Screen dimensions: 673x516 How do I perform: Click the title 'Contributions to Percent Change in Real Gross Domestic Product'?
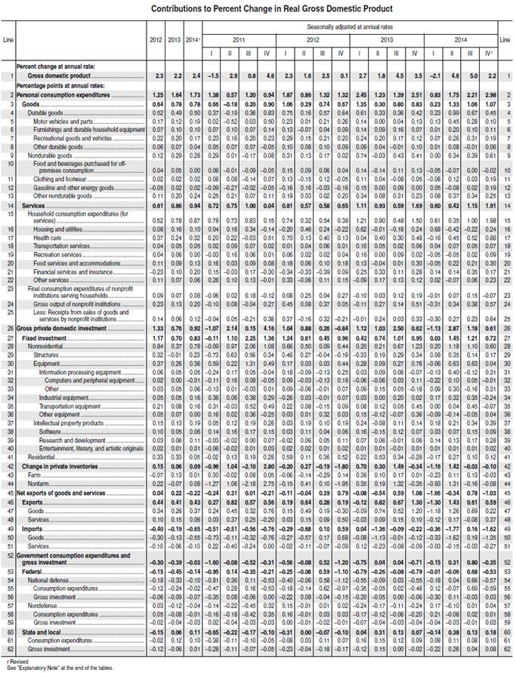[261, 8]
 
